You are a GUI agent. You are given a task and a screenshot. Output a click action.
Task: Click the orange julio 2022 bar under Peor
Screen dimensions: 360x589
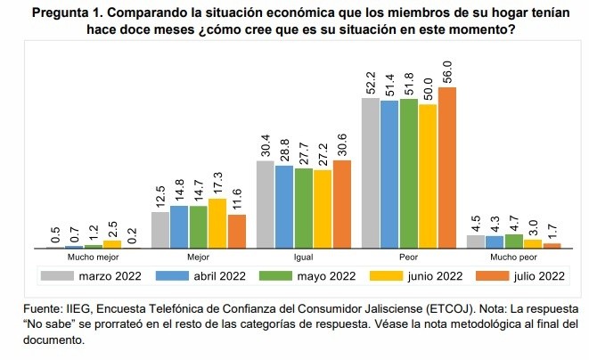[x=447, y=166]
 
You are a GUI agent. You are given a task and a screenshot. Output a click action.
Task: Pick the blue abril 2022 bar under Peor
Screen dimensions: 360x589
[x=389, y=173]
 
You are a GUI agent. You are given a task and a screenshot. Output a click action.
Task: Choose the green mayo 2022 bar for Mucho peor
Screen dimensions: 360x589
[x=513, y=241]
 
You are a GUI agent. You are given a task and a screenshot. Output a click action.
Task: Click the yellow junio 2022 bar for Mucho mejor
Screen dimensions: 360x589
[x=112, y=243]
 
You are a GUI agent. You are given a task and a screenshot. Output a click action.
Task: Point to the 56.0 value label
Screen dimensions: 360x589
[x=448, y=70]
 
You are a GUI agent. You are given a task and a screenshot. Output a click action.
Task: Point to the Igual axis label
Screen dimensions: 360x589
[x=303, y=257]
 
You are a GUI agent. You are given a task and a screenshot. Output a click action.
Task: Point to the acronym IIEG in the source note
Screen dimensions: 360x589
[x=74, y=309]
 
